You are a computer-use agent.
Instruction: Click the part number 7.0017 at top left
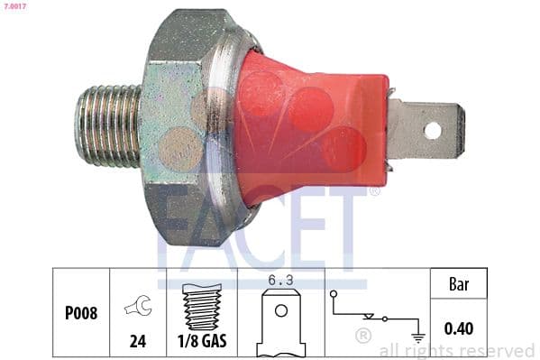pyautogui.click(x=15, y=7)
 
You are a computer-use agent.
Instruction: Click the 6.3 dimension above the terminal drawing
pyautogui.click(x=281, y=281)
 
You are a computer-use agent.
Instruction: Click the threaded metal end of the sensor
pyautogui.click(x=106, y=127)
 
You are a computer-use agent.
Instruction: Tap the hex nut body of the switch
pyautogui.click(x=180, y=126)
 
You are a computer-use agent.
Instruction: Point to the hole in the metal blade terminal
pyautogui.click(x=433, y=130)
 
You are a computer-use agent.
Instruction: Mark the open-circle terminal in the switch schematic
pyautogui.click(x=334, y=294)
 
